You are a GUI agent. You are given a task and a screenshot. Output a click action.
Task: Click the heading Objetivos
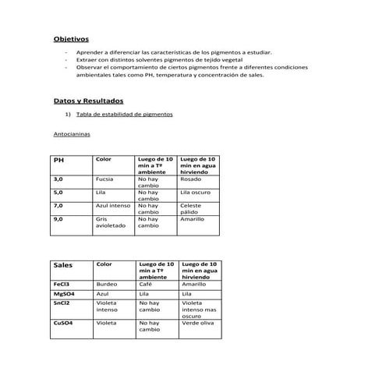71,38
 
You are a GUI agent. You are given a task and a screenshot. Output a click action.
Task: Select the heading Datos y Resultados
88,101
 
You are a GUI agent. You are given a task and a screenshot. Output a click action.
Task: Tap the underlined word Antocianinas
72,134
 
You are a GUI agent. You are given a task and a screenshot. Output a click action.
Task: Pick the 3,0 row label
58,179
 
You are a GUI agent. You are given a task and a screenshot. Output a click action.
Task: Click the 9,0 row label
58,219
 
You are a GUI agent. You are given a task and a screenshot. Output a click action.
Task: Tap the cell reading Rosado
190,179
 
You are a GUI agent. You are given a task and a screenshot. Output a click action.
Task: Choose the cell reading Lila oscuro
195,192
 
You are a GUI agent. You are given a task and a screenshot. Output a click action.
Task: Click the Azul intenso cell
113,205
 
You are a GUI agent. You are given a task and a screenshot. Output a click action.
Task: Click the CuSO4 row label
63,322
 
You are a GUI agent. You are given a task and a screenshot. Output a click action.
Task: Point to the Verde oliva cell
197,322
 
